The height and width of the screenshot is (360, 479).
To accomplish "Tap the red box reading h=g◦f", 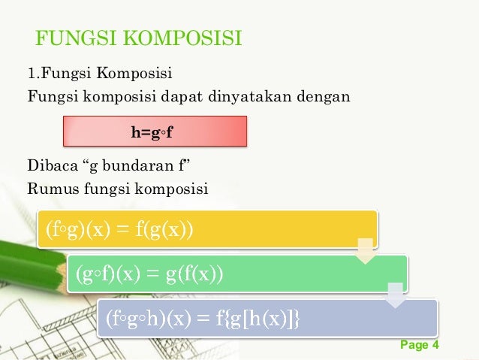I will [x=155, y=132].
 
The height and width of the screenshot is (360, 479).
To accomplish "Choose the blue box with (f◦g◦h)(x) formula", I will [x=267, y=319].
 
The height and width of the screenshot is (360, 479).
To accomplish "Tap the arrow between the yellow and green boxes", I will [x=364, y=251].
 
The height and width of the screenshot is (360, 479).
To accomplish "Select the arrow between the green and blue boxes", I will [x=394, y=295].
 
